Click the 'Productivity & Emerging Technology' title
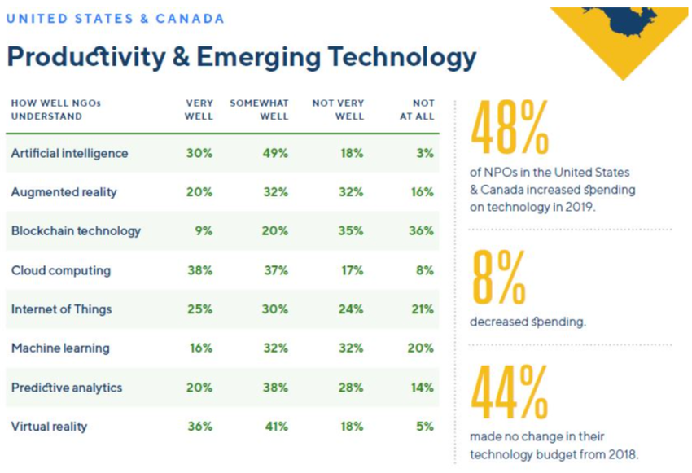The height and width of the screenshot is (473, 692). point(241,56)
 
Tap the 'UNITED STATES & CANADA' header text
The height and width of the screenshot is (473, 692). point(115,18)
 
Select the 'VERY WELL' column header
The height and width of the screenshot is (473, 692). point(199,109)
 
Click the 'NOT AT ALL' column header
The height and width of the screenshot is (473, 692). point(423,109)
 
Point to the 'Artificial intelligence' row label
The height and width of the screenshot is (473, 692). point(69,153)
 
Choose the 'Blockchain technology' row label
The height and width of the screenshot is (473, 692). point(76,230)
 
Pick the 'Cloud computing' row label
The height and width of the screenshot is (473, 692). point(60,270)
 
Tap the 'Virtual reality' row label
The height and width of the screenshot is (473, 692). point(49,426)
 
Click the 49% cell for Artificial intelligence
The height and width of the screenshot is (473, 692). point(275,153)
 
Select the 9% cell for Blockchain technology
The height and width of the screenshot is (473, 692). point(204,230)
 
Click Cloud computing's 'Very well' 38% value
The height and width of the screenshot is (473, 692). point(199,270)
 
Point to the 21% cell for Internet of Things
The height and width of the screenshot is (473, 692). point(422,309)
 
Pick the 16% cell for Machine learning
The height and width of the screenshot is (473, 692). point(200,348)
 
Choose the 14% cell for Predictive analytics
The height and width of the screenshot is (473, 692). point(422,388)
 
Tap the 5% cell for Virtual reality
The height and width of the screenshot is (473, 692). point(424,426)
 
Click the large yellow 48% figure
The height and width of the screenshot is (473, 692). point(510,129)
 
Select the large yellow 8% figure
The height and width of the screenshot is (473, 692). point(497,278)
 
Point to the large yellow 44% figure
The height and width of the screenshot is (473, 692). point(509,394)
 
